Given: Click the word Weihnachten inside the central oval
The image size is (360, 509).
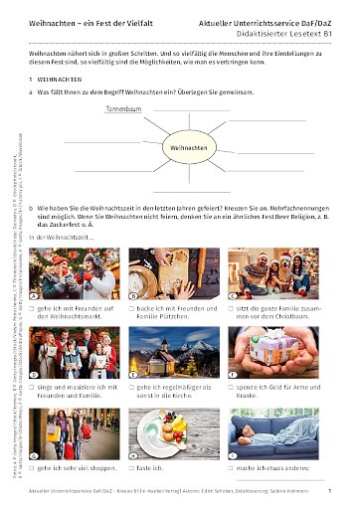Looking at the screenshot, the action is (186, 147).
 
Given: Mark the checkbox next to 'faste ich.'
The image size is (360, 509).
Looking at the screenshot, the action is (133, 465).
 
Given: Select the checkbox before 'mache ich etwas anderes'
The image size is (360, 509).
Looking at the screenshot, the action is (232, 465).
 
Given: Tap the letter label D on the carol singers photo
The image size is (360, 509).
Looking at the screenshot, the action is (35, 374).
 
